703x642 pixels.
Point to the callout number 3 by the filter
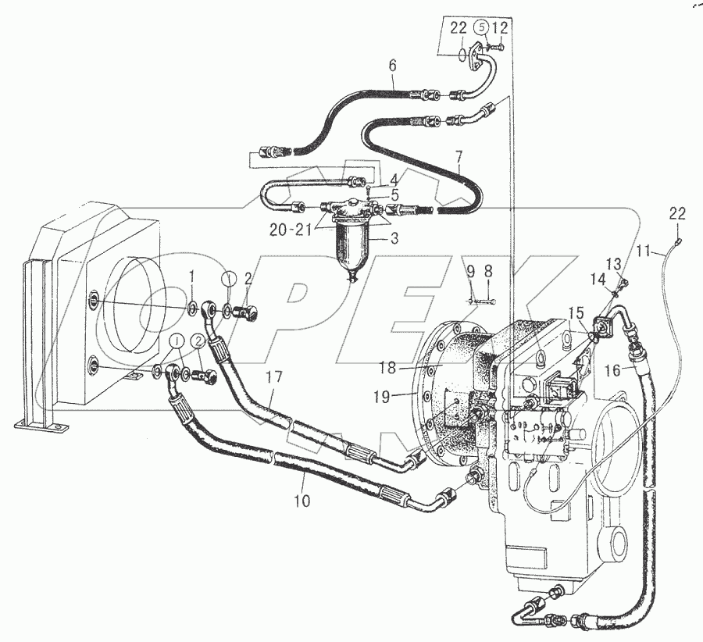click(x=395, y=238)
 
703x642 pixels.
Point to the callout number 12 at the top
click(x=500, y=29)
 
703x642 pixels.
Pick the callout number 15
click(x=575, y=312)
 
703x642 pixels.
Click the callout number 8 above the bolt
click(x=488, y=272)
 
